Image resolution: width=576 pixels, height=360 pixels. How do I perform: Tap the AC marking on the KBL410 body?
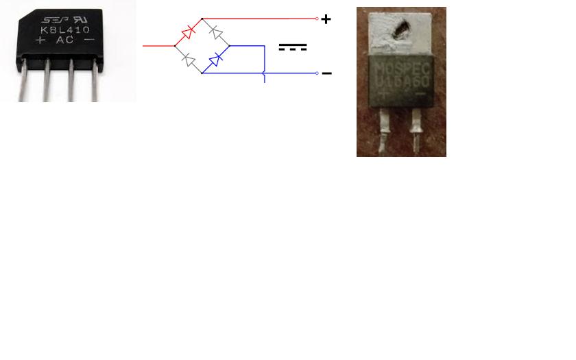[64, 40]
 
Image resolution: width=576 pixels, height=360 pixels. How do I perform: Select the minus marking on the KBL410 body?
[89, 40]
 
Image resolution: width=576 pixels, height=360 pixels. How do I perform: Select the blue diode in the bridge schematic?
[215, 60]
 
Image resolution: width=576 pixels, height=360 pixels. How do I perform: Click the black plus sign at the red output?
[326, 19]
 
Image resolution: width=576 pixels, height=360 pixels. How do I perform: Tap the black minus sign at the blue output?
[327, 73]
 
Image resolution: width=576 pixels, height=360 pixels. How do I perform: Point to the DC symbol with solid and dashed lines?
[293, 47]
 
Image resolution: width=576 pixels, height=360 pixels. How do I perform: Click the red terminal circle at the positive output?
[317, 19]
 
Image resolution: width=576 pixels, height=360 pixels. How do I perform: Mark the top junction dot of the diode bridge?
[202, 19]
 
